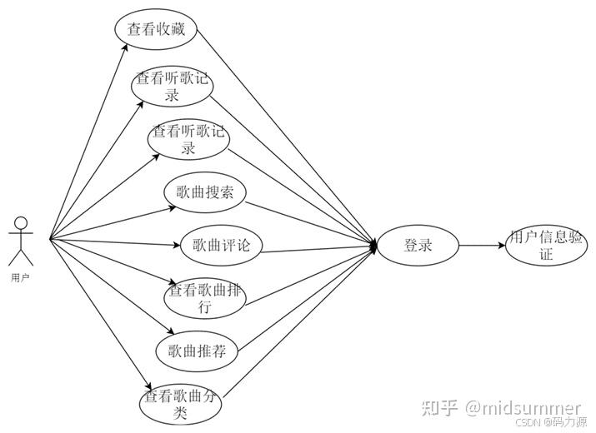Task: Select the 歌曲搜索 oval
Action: pyautogui.click(x=205, y=194)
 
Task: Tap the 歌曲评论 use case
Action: pyautogui.click(x=222, y=245)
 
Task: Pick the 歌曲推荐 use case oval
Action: pyautogui.click(x=197, y=350)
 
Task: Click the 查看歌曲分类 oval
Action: pyautogui.click(x=181, y=403)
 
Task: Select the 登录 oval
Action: pyautogui.click(x=418, y=246)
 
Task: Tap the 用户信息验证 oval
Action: pyautogui.click(x=545, y=246)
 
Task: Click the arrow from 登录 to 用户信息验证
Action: pyautogui.click(x=483, y=246)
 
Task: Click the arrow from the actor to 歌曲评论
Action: pyautogui.click(x=117, y=242)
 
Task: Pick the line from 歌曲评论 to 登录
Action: pyautogui.click(x=317, y=248)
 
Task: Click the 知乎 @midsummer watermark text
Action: pyautogui.click(x=501, y=407)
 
